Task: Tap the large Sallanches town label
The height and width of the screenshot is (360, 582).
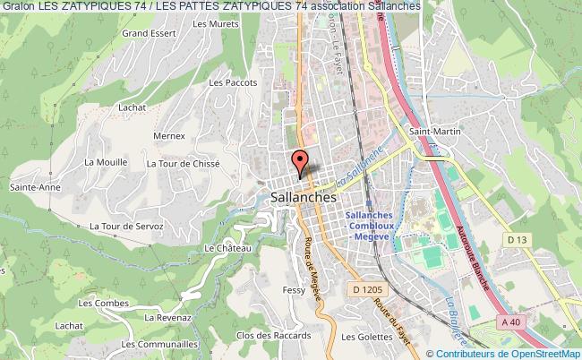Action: [x=303, y=197]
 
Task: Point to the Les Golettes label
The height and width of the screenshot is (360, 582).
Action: [x=367, y=337]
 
